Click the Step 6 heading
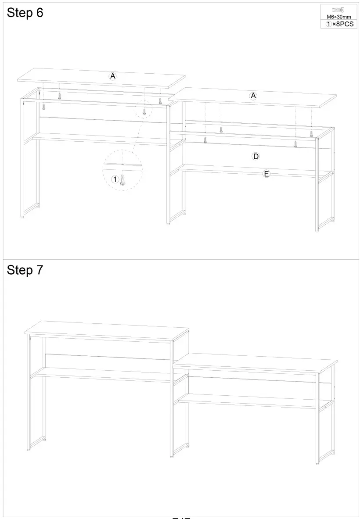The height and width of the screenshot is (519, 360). click(x=25, y=13)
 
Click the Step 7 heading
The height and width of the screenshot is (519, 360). click(x=25, y=270)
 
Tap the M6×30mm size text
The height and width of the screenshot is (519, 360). click(x=338, y=17)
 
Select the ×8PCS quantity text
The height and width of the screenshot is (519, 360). click(x=342, y=24)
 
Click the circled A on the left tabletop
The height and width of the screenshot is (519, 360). click(x=113, y=76)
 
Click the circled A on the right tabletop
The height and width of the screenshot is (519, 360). click(x=253, y=96)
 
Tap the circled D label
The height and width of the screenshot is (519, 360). click(x=256, y=156)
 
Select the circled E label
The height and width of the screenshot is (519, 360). click(x=266, y=174)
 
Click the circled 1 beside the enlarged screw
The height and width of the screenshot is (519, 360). click(x=115, y=179)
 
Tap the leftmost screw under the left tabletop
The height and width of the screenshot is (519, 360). click(x=44, y=106)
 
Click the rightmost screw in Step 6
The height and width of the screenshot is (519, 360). click(x=311, y=133)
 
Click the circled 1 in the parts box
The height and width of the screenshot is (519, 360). click(x=328, y=24)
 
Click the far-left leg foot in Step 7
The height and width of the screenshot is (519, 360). click(x=30, y=449)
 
